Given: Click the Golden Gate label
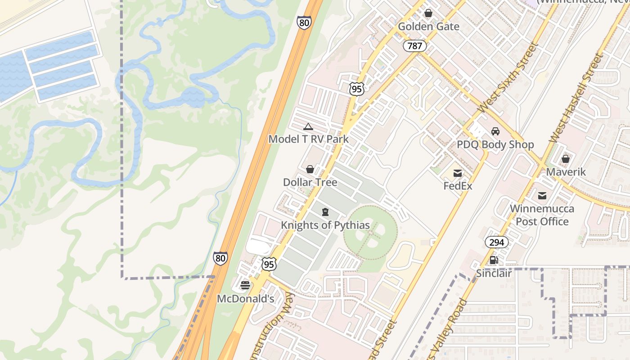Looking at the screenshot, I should pyautogui.click(x=428, y=27).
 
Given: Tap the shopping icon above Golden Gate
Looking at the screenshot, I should pyautogui.click(x=428, y=13).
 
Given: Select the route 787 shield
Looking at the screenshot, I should pyautogui.click(x=414, y=45).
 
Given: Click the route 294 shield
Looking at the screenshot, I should pyautogui.click(x=496, y=243).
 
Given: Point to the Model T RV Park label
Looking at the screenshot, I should pyautogui.click(x=308, y=139).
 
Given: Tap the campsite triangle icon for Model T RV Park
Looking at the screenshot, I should pyautogui.click(x=308, y=127).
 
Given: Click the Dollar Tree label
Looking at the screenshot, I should pyautogui.click(x=310, y=182).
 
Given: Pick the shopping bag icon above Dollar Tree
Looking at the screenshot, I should pyautogui.click(x=310, y=169).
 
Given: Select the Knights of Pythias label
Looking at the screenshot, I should pyautogui.click(x=325, y=225).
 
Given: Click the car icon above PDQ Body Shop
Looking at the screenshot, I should pyautogui.click(x=495, y=131).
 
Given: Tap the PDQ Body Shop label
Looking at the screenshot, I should pyautogui.click(x=495, y=144).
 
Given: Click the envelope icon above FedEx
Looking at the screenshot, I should pyautogui.click(x=458, y=173).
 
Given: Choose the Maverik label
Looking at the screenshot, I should pyautogui.click(x=566, y=172).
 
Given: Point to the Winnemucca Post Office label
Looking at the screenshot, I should pyautogui.click(x=542, y=215).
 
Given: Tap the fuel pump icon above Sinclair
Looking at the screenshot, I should pyautogui.click(x=494, y=260).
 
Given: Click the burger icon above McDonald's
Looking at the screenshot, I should pyautogui.click(x=245, y=285).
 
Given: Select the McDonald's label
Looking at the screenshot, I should pyautogui.click(x=246, y=299).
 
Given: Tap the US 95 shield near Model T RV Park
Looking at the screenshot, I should pyautogui.click(x=356, y=89).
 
